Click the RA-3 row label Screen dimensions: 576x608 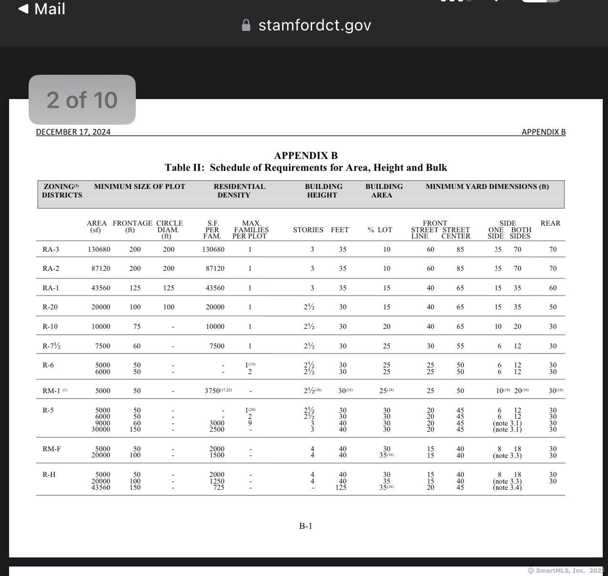point(51,249)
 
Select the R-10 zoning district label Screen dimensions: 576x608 point(50,327)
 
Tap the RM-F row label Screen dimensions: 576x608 point(51,449)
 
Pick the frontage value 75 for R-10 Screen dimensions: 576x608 point(137,327)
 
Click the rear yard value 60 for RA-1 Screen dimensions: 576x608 point(553,288)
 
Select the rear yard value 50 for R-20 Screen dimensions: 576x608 point(553,307)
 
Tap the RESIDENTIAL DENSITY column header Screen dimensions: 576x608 point(239,191)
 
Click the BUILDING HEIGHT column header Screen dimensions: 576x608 point(323,191)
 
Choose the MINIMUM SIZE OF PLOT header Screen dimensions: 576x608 point(140,187)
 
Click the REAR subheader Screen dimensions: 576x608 point(550,223)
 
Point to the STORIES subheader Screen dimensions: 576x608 point(308,230)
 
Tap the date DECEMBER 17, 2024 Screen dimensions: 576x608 point(73,132)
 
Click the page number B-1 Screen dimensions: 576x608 point(305,526)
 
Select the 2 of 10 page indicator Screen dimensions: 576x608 point(82,100)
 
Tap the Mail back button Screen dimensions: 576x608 point(41,9)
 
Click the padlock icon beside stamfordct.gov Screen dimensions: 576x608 point(246,25)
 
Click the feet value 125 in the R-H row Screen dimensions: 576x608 point(341,487)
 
